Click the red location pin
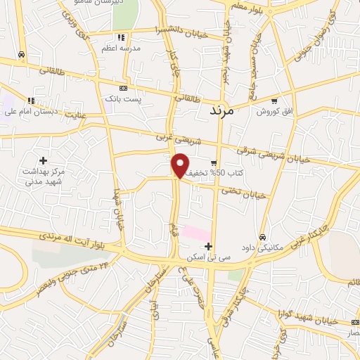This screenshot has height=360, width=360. pos(181,165)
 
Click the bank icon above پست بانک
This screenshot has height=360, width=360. pos(124,89)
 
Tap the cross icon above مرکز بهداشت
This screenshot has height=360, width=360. pos(44,161)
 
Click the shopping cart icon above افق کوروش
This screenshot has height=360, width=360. pos(274,101)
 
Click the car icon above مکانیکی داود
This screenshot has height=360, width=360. pos(262,237)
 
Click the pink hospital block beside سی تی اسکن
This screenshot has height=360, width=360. pos(196,231)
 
